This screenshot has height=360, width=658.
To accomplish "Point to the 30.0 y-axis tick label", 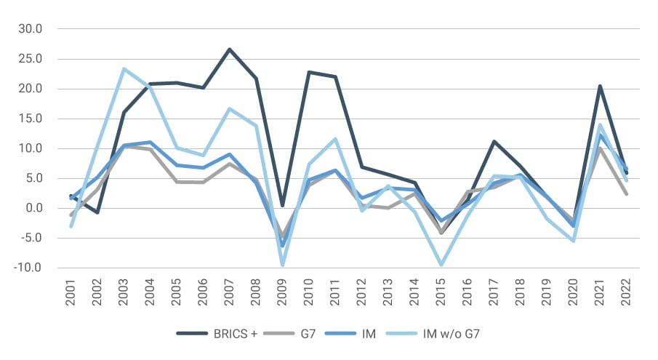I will (x=30, y=29).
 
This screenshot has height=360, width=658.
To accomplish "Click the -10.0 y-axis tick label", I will (x=28, y=268).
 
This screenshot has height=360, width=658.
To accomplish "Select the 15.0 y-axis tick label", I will (x=30, y=119).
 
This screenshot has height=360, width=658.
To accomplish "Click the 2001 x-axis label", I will (x=71, y=291).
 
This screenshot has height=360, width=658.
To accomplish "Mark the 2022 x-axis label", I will (x=625, y=291).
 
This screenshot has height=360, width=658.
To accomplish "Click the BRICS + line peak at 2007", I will (x=229, y=49).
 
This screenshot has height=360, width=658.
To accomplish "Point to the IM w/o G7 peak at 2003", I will (x=124, y=69).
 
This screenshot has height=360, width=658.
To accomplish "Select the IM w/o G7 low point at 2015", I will (x=441, y=265).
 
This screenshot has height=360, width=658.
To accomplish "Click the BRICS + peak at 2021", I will (x=599, y=86).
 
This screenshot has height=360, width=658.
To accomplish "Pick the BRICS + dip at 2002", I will (x=97, y=212).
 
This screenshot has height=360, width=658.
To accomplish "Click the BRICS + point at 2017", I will (x=494, y=141).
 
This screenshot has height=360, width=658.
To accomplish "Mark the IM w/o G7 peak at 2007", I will (x=229, y=109).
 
